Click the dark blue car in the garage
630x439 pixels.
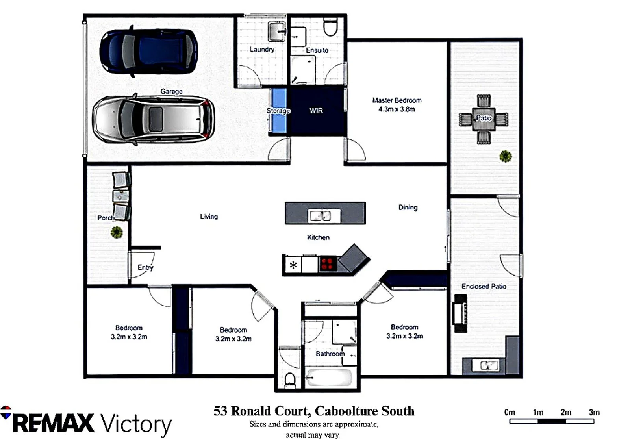149,52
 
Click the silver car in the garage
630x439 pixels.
154,119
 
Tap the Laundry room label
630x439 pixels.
262,50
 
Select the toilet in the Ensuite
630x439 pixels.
330,26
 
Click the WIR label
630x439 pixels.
316,111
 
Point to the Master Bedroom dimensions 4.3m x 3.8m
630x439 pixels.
397,109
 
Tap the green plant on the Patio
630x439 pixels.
506,156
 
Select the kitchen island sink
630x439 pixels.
324,216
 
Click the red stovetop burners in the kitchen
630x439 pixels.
328,264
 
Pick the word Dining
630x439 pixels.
408,207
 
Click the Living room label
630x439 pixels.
209,217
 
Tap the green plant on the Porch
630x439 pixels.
117,232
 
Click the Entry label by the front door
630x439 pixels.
145,267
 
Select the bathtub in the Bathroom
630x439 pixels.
329,378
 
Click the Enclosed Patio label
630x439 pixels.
484,287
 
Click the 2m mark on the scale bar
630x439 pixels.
566,413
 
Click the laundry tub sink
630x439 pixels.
277,31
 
